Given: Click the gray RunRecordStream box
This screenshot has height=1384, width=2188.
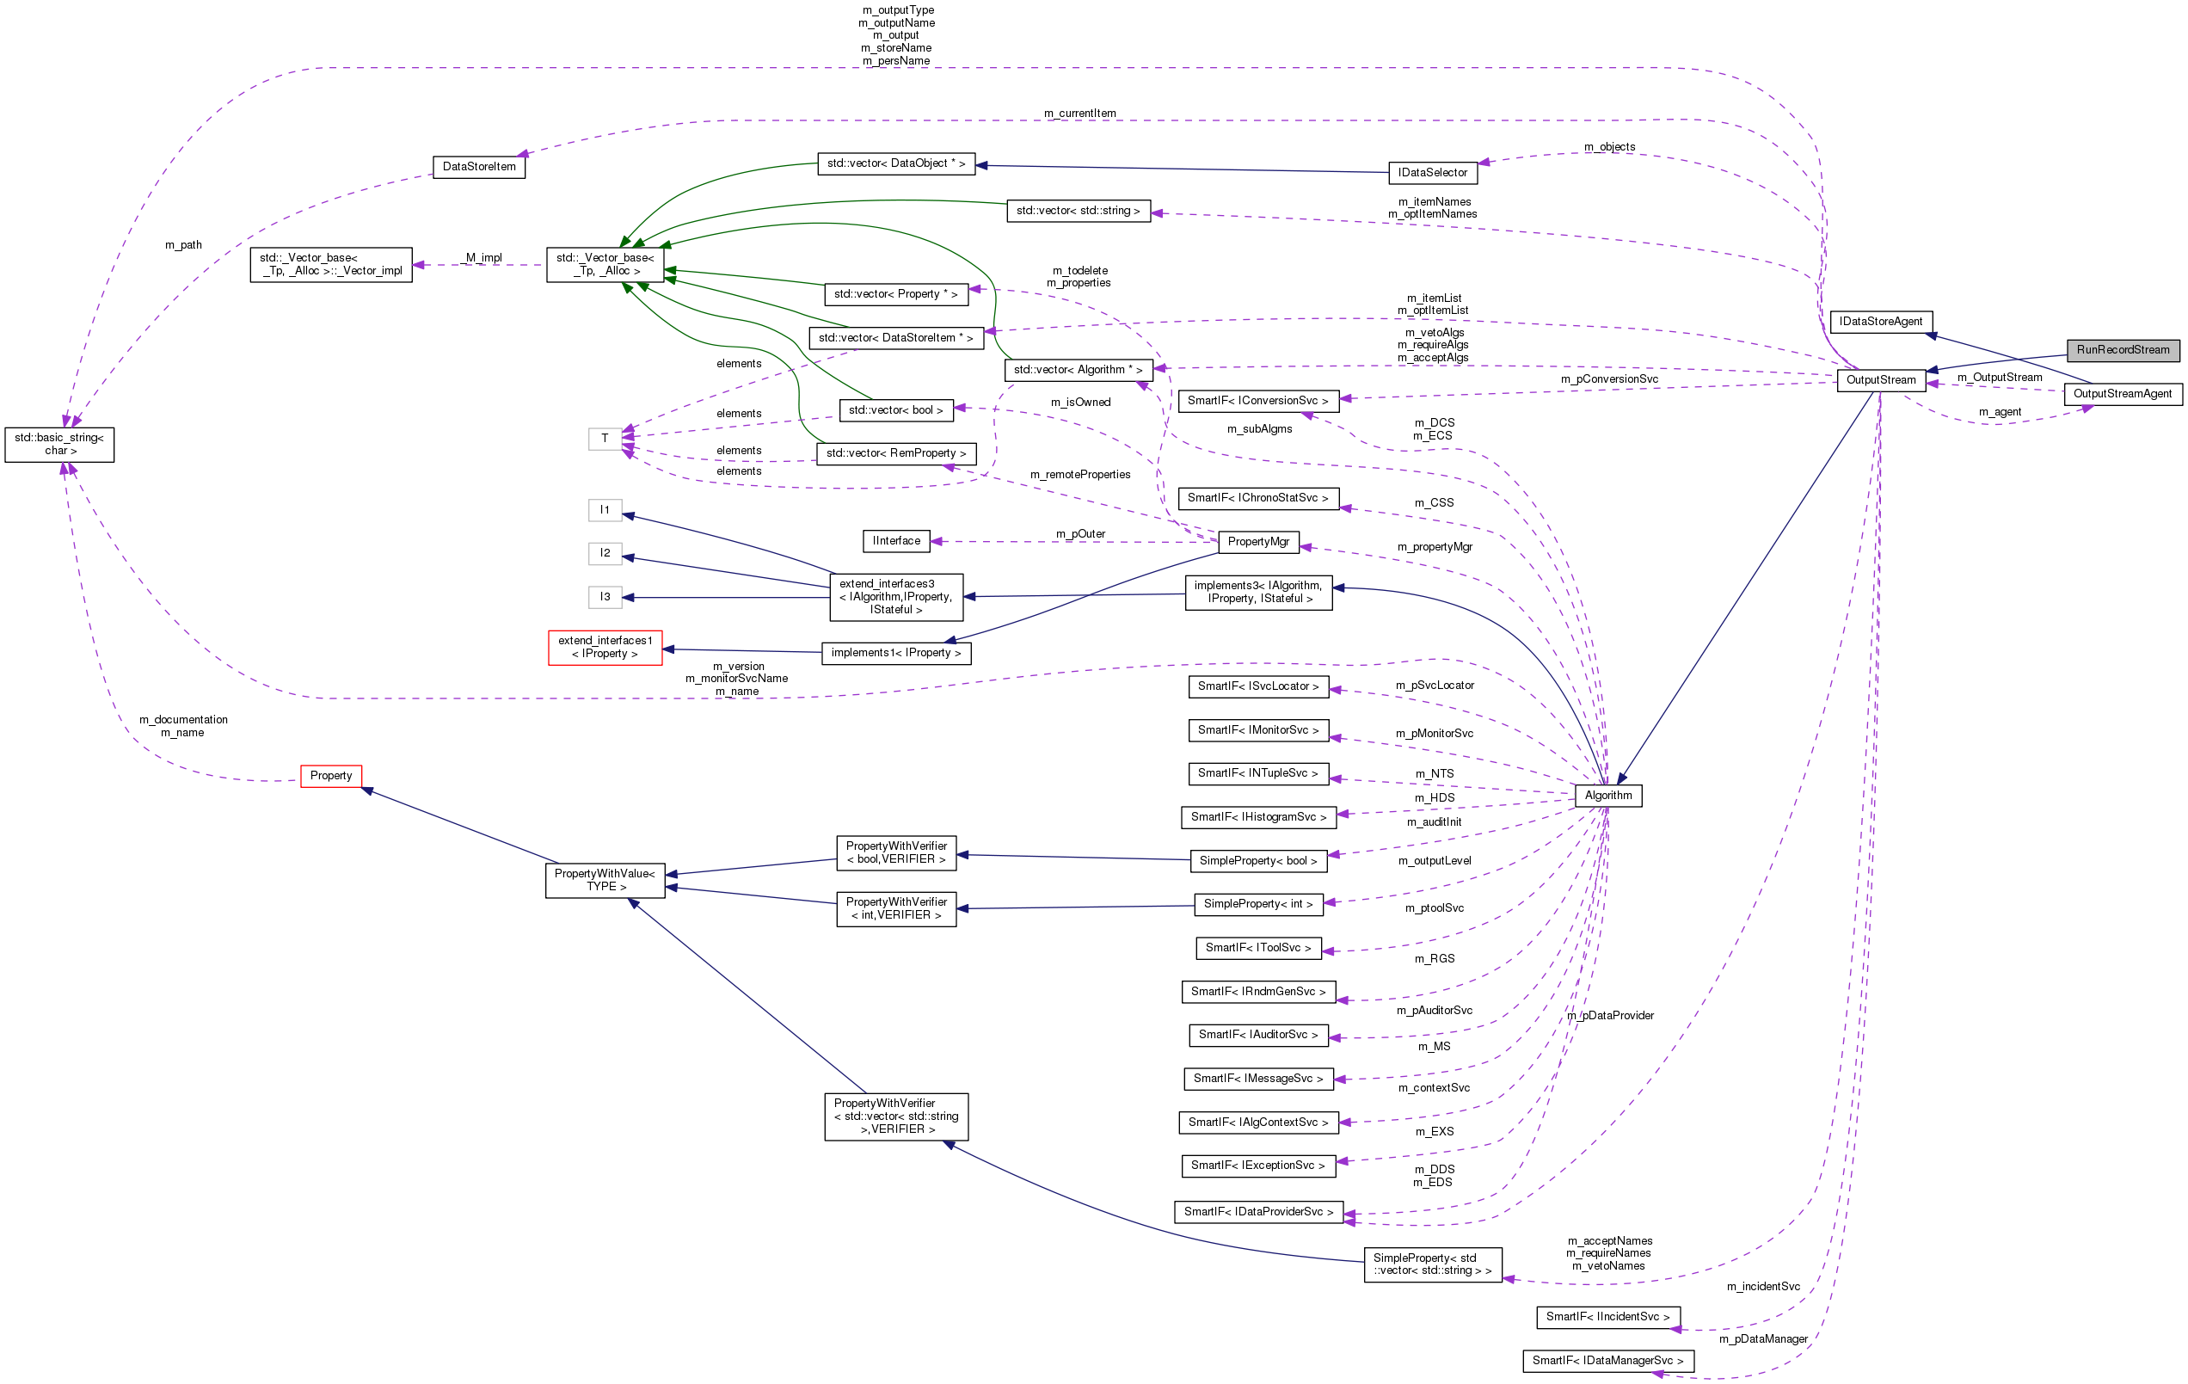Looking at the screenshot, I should pos(2122,350).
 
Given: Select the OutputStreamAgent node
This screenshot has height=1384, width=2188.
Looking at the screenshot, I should pos(2122,393).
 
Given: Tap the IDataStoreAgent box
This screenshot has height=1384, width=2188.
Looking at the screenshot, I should pos(1880,322).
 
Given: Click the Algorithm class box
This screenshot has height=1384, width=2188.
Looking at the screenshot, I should pos(1607,795).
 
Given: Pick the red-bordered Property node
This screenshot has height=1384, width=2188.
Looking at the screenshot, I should pos(331,776).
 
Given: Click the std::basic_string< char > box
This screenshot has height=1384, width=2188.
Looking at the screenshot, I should pos(59,445).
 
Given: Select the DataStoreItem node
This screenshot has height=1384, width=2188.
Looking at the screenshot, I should pos(479,167).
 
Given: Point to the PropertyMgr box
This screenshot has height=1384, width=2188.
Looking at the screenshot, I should pos(1257,542).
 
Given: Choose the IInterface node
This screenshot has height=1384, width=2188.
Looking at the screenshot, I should pos(896,541).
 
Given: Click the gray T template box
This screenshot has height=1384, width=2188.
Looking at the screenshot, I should pos(605,438).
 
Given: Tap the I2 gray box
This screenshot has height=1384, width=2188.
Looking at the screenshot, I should pos(605,552).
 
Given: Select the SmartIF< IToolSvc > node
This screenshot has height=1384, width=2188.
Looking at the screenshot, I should pos(1257,948).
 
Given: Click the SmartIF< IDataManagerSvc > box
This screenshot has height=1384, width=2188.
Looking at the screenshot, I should pos(1607,1361).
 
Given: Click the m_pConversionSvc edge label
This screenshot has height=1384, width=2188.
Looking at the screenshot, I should pos(1608,379).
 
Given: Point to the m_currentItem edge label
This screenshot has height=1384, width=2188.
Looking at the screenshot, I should pos(1079,114).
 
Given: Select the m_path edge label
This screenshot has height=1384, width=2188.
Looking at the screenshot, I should pos(182,245).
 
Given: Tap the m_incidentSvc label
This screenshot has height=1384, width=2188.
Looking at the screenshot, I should pos(1762,1287).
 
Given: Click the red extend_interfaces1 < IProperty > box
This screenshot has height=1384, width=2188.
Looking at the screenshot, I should pos(605,647).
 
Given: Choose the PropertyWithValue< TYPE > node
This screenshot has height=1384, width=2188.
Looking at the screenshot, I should pos(605,880).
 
